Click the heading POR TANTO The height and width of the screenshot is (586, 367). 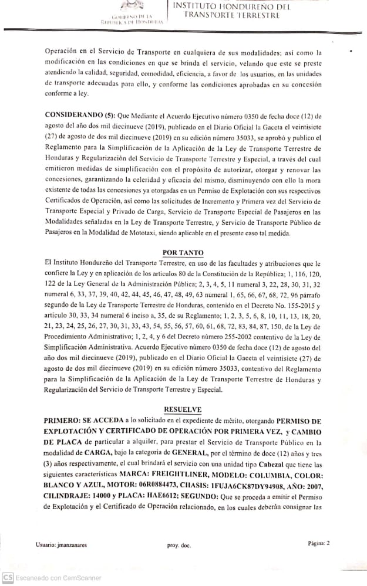[x=183, y=252]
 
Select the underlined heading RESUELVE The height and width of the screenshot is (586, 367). [x=183, y=409]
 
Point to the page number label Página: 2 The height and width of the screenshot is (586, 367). [x=318, y=543]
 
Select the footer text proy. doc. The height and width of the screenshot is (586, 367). [x=179, y=545]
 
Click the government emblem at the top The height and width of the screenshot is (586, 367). [x=127, y=6]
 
